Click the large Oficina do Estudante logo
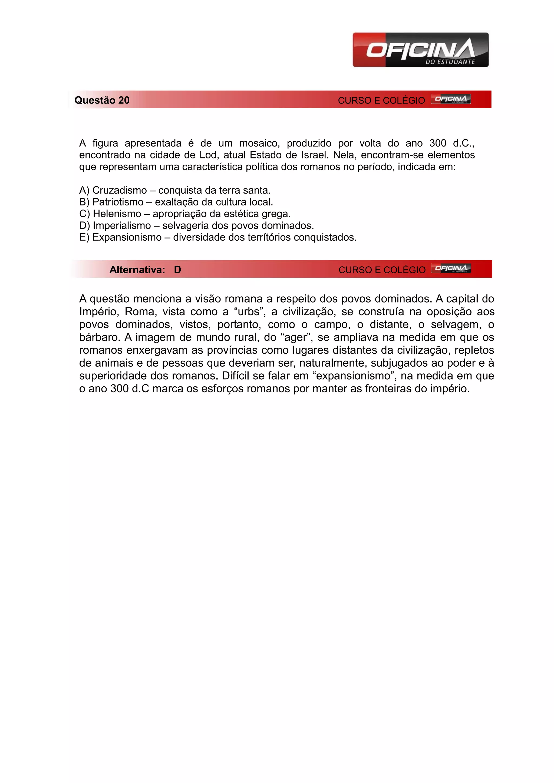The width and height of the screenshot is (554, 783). coord(420,50)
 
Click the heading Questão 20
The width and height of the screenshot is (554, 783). coord(102,100)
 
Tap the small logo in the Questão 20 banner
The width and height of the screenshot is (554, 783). coord(451,99)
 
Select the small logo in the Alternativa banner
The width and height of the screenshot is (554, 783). coord(451,269)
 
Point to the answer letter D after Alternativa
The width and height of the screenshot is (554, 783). coord(177,270)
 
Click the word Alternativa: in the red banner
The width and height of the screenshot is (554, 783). coord(137,270)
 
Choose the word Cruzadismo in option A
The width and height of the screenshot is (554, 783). coord(119,190)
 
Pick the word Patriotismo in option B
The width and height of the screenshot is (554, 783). coord(118,202)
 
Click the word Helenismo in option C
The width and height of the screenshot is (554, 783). coord(117,214)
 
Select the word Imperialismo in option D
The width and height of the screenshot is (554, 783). coord(122,226)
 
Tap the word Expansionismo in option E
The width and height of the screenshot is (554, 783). coord(127,237)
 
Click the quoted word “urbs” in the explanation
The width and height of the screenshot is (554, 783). coord(249,312)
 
